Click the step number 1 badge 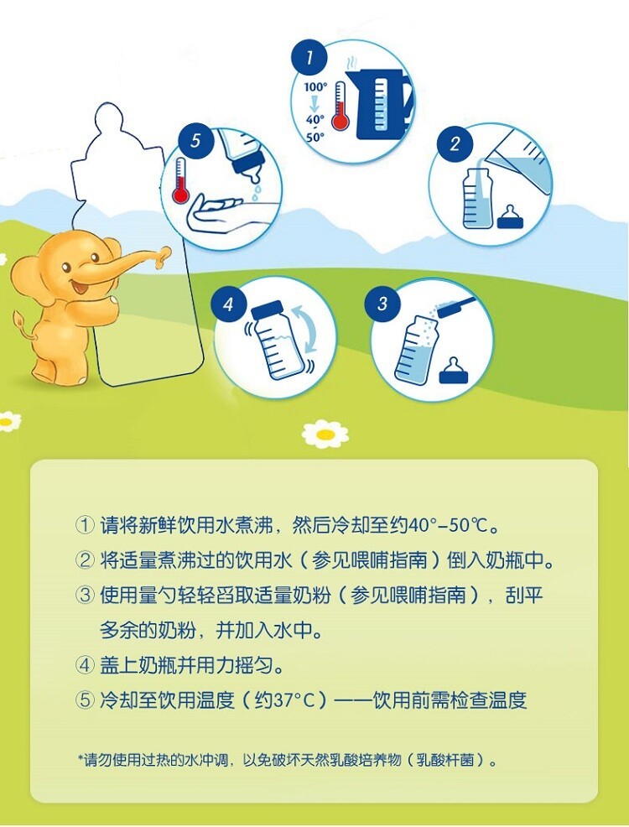(x=309, y=58)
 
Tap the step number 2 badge (x=455, y=144)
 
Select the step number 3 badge (x=382, y=304)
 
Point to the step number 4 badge (x=228, y=304)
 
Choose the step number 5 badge (x=195, y=141)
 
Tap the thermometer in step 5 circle (x=180, y=181)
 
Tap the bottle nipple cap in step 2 (x=509, y=216)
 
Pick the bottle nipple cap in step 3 (x=454, y=372)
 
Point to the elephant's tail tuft (x=19, y=319)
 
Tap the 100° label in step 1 (x=316, y=86)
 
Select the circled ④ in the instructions (x=85, y=665)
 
